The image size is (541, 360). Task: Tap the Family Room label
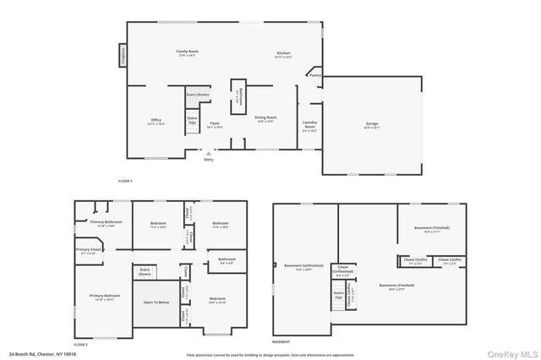click(186, 52)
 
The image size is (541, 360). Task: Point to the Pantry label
click(314, 75)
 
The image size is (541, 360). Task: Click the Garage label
click(371, 125)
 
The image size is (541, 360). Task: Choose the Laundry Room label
click(310, 127)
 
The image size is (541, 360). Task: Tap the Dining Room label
click(265, 119)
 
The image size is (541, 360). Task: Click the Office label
click(156, 122)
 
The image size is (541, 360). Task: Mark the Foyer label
click(215, 125)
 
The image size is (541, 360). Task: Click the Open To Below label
click(156, 302)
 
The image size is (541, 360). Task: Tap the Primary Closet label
click(89, 251)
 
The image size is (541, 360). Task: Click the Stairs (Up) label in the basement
click(338, 296)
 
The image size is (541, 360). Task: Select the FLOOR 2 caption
click(80, 344)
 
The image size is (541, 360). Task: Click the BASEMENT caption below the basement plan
click(281, 341)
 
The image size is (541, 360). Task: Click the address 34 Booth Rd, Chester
click(42, 354)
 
